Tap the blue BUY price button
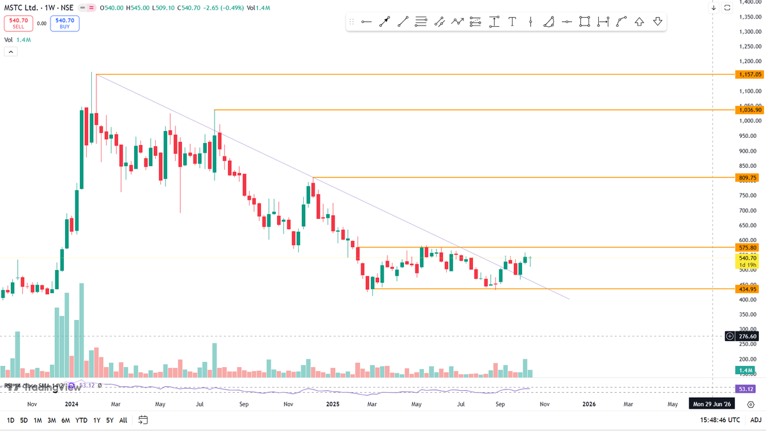tap(64, 23)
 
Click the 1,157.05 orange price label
tap(749, 75)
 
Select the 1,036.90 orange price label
tap(749, 110)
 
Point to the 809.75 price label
tap(747, 178)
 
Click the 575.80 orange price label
tap(747, 247)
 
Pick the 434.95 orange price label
tap(747, 289)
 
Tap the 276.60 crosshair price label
tap(747, 336)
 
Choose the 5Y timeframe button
tap(110, 420)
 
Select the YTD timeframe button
tap(81, 420)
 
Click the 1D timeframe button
tap(10, 420)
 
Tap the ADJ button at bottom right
tap(756, 420)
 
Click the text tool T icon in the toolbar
tap(512, 22)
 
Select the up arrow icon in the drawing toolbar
tap(639, 22)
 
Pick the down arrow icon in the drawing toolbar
tap(657, 22)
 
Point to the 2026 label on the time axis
tap(589, 404)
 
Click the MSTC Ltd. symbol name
tap(19, 7)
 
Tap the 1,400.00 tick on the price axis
tap(749, 3)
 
